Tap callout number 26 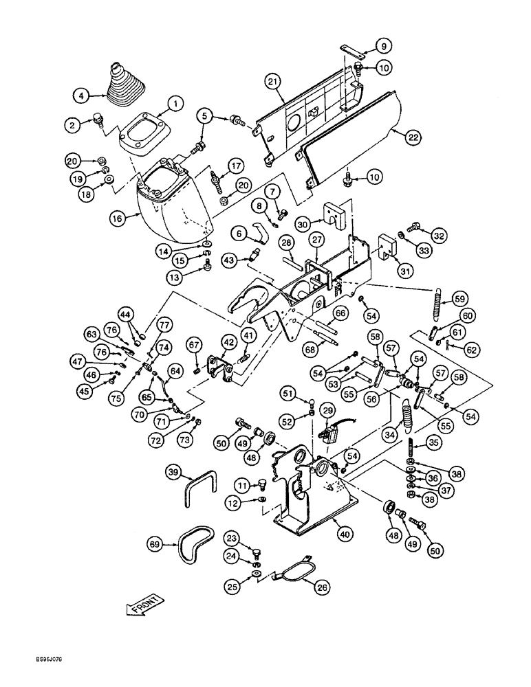coord(321,587)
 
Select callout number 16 coord(117,220)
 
